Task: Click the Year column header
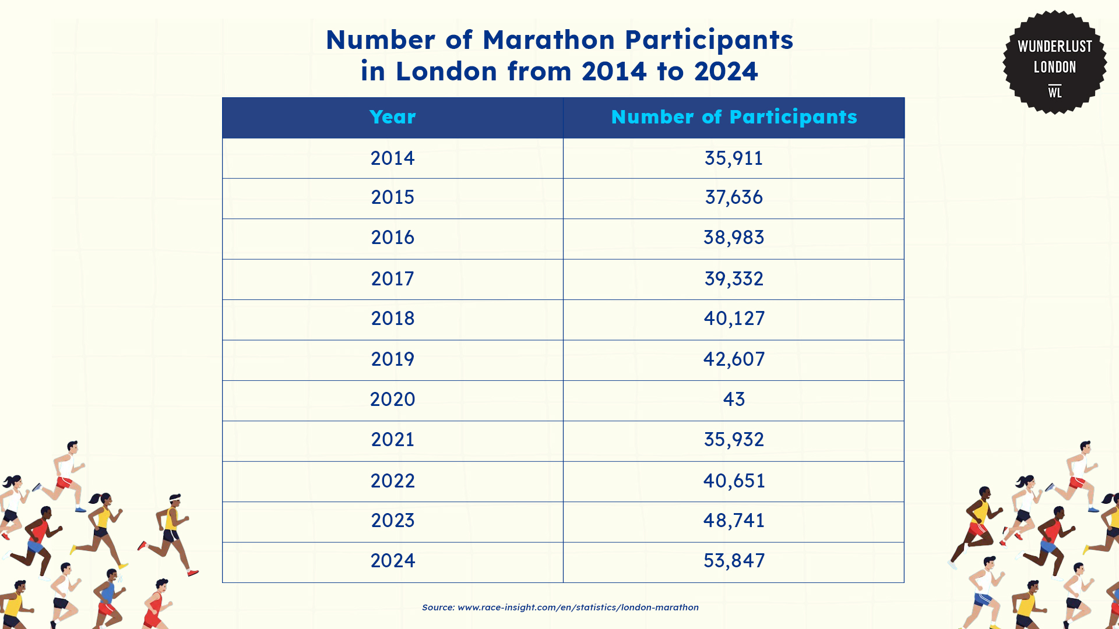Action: (392, 117)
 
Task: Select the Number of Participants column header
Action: (734, 117)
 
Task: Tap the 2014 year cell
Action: (392, 158)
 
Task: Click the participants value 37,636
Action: (734, 197)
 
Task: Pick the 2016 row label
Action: (392, 238)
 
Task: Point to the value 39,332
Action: (734, 278)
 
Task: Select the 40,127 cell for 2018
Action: (734, 319)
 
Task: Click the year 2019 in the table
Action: (392, 359)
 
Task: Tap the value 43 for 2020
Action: (734, 400)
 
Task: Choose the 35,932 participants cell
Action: (734, 440)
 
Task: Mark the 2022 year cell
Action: (392, 480)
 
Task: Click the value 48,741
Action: (734, 520)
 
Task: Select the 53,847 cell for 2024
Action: (734, 560)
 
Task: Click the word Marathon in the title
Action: (548, 40)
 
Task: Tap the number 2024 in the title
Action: (726, 72)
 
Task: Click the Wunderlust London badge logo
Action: (1054, 62)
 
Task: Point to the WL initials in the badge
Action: (1055, 92)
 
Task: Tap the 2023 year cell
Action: (392, 520)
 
